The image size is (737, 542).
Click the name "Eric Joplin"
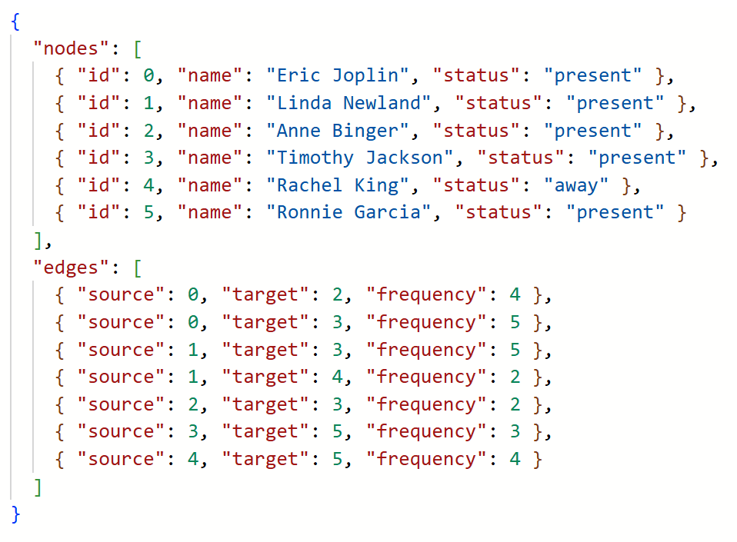click(338, 75)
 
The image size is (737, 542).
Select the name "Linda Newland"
click(348, 103)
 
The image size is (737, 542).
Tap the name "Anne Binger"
click(338, 131)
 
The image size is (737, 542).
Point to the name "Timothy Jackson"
click(360, 158)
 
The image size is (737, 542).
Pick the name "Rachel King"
click(338, 185)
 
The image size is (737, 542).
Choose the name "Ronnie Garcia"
click(348, 212)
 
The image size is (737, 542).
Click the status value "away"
click(576, 185)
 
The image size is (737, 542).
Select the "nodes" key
click(71, 48)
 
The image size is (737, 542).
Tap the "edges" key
click(71, 268)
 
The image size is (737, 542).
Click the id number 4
click(149, 185)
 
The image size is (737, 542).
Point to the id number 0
click(149, 75)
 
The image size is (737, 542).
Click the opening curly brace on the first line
click(15, 22)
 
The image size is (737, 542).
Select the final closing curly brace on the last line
click(15, 514)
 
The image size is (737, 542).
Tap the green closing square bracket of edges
click(38, 487)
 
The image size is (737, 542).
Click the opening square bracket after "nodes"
click(137, 48)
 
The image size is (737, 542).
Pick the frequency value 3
click(515, 431)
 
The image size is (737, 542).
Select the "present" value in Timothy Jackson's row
click(637, 158)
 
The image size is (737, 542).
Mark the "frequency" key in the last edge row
click(426, 459)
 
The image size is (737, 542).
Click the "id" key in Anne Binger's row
click(99, 131)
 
